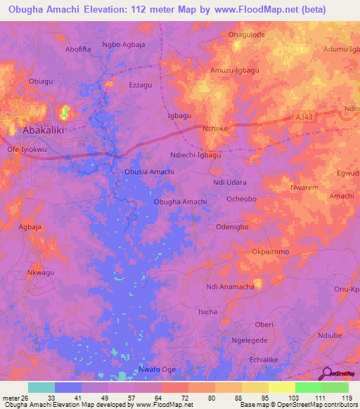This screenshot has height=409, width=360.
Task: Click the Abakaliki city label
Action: coord(45,130)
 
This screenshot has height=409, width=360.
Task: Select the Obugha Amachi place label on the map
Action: coord(180,202)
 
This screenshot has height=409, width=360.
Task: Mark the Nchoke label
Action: coord(214,129)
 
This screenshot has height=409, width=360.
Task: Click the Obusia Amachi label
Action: coord(149,172)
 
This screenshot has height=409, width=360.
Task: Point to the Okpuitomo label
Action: coord(270,252)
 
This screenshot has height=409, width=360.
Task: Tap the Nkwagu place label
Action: coord(40,273)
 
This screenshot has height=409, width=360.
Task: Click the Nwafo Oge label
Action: coord(157,370)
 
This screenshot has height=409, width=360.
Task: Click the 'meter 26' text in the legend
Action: coord(15,399)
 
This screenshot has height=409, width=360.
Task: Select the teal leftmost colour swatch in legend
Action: coord(41,387)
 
